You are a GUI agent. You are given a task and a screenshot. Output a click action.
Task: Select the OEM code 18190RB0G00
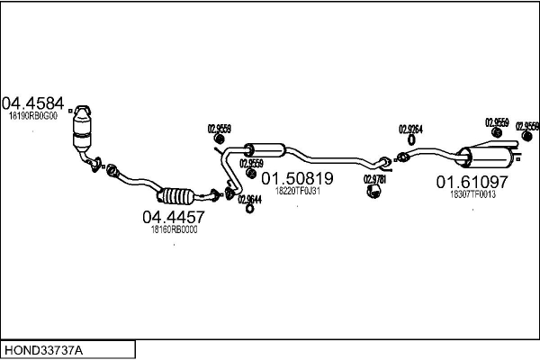(32, 115)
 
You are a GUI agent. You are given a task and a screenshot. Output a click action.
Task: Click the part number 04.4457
(174, 217)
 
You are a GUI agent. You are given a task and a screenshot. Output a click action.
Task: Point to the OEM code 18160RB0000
(174, 229)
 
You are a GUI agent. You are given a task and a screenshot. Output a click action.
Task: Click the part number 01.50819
(297, 177)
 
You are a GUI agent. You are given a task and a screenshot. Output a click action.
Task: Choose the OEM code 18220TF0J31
(298, 191)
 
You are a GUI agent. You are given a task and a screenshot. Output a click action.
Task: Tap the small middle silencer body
(265, 149)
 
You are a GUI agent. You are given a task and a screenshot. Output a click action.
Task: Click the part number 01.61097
(472, 182)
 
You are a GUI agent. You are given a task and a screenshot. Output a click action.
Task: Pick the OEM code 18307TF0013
(472, 194)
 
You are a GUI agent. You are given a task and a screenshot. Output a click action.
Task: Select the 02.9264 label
(410, 129)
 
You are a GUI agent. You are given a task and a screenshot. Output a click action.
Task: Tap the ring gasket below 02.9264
(410, 139)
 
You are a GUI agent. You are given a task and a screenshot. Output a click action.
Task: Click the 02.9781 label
(374, 179)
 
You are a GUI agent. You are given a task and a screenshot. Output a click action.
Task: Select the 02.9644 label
(249, 199)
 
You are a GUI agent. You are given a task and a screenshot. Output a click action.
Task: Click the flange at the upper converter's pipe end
(92, 163)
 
